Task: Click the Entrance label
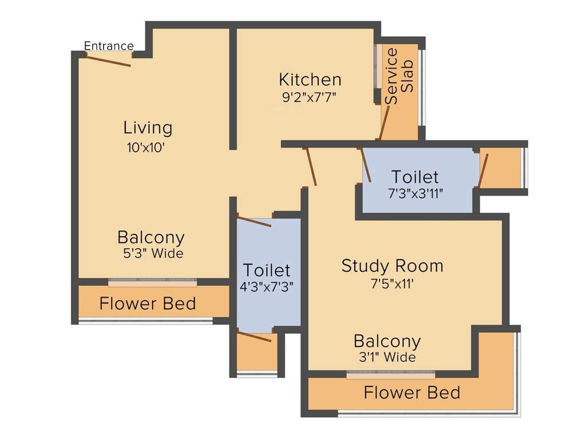click(109, 46)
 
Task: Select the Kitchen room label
click(310, 79)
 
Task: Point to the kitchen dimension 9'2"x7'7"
click(309, 97)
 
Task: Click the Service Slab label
click(399, 76)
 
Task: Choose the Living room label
click(148, 127)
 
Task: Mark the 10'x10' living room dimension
click(146, 147)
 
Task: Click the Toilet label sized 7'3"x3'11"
click(415, 177)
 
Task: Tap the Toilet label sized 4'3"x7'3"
click(267, 270)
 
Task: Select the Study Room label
click(392, 266)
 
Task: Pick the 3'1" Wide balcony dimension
click(387, 358)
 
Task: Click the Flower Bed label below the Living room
click(148, 304)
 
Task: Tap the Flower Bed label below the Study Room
click(411, 393)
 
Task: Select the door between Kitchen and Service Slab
click(385, 122)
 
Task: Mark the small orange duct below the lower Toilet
click(257, 353)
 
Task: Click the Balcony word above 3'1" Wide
click(387, 341)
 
